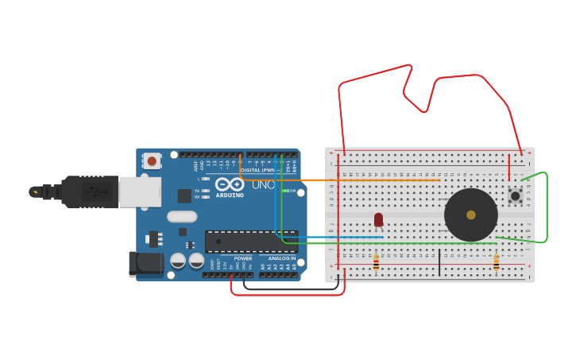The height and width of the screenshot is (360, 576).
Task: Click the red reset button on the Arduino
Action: [x=152, y=161]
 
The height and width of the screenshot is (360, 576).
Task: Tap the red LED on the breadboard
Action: [x=378, y=219]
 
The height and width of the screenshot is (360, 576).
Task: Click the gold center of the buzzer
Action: [x=471, y=215]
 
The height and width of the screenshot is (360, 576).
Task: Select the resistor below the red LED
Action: [x=376, y=262]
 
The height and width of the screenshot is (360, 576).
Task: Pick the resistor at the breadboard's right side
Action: [x=497, y=262]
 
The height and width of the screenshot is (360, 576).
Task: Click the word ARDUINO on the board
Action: [x=230, y=195]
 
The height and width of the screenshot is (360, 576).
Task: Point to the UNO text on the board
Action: [x=263, y=185]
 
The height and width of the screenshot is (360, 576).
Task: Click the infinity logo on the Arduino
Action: [x=229, y=184]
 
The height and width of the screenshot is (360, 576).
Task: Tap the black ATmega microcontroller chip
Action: [x=250, y=242]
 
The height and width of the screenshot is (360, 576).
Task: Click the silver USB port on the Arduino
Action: [x=140, y=192]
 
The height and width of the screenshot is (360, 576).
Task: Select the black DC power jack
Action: [x=146, y=264]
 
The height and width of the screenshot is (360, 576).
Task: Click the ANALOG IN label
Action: [x=281, y=258]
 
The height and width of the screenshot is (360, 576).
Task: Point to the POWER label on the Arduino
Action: [x=243, y=258]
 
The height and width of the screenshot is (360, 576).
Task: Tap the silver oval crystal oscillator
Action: [x=182, y=216]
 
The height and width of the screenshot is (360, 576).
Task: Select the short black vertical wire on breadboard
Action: [x=439, y=262]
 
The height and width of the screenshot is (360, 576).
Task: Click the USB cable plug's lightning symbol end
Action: [x=35, y=192]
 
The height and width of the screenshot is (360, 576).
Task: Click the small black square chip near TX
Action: [x=184, y=195]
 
